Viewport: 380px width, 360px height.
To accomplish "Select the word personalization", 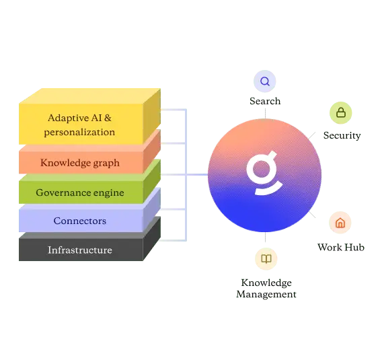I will coord(79,132).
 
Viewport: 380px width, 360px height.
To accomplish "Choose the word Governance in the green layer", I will coord(63,192).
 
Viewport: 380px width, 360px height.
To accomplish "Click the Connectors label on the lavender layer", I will coord(80,221).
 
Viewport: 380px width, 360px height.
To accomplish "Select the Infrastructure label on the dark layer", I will coord(80,250).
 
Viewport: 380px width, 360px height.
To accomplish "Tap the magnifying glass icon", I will coord(265,81).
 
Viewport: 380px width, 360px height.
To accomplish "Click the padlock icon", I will coord(341,112).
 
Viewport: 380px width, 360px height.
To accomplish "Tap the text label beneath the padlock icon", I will coord(343,134).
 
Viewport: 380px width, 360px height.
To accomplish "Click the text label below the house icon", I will coord(341,247).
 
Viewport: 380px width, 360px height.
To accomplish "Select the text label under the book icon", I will coord(266,287).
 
